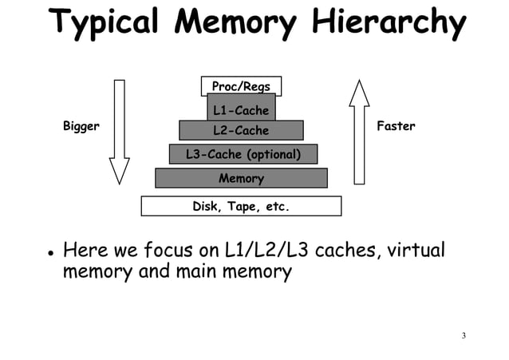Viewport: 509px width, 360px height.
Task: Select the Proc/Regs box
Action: [x=241, y=86]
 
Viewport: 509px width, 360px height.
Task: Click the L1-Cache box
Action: [x=241, y=109]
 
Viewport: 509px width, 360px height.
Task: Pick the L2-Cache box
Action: [x=241, y=130]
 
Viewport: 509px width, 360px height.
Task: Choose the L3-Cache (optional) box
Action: [x=243, y=154]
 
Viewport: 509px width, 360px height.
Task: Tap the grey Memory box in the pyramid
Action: [x=241, y=178]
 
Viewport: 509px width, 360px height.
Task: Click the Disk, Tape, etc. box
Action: [x=241, y=207]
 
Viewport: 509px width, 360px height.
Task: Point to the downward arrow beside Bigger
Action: [x=120, y=132]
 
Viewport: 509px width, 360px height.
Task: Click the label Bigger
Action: [x=81, y=127]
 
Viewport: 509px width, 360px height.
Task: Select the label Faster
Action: [x=396, y=127]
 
